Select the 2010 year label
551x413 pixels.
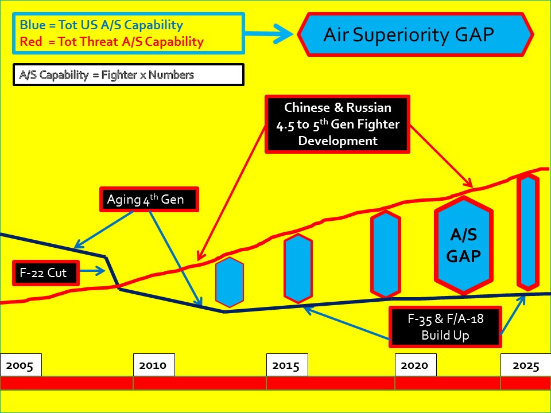[x=153, y=365]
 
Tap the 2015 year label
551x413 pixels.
[x=286, y=365]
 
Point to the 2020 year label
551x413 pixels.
[x=415, y=365]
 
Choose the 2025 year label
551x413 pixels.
[x=525, y=365]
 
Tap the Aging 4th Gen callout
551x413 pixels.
[x=149, y=200]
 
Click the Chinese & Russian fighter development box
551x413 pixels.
[x=337, y=124]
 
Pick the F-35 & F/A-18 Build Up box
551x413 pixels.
[x=445, y=327]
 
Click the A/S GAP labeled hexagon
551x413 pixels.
[x=463, y=245]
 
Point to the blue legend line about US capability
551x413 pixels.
[x=101, y=25]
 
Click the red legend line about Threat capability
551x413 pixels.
[x=111, y=41]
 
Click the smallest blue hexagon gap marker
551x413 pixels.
[x=229, y=282]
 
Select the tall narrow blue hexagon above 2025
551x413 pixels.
[x=528, y=232]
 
